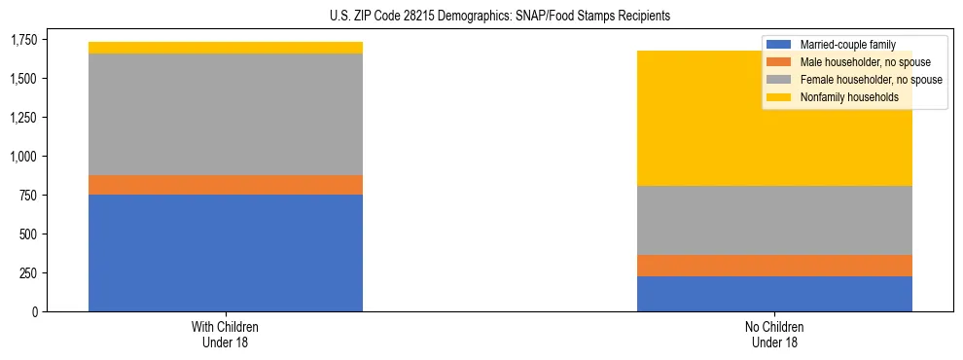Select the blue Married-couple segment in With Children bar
pyautogui.click(x=226, y=253)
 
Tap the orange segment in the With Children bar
pyautogui.click(x=226, y=185)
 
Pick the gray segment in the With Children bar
pyautogui.click(x=226, y=114)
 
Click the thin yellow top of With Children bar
pyautogui.click(x=226, y=48)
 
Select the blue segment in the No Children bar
pyautogui.click(x=774, y=294)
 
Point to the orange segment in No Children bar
pyautogui.click(x=774, y=266)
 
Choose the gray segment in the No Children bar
pyautogui.click(x=774, y=220)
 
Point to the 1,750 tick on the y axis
pyautogui.click(x=24, y=40)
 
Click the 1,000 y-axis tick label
pyautogui.click(x=24, y=157)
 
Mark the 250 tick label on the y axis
pyautogui.click(x=29, y=273)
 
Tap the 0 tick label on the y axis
pyautogui.click(x=35, y=312)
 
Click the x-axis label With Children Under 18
pyautogui.click(x=226, y=334)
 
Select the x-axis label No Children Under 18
pyautogui.click(x=774, y=334)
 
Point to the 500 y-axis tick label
pyautogui.click(x=29, y=234)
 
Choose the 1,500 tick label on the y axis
pyautogui.click(x=24, y=79)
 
